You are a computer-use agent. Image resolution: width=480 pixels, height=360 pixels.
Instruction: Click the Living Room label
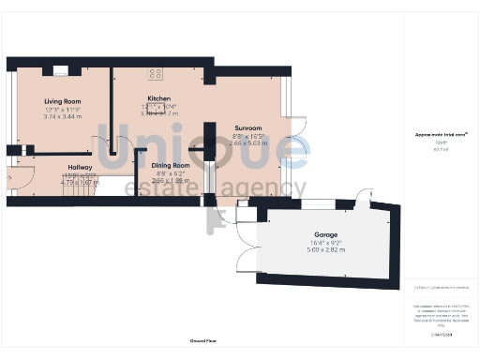(x=63, y=101)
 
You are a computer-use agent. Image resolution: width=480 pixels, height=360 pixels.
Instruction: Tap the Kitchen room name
(x=158, y=98)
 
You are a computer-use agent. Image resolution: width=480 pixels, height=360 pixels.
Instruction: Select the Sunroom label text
(x=247, y=127)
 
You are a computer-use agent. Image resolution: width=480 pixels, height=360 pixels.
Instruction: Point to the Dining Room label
(x=170, y=165)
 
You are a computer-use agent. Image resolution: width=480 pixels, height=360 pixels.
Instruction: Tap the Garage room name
(x=325, y=234)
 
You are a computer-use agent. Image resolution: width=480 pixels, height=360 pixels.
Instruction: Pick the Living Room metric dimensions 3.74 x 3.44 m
(x=63, y=118)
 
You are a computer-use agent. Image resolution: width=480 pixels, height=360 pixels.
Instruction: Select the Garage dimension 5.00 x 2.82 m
(x=325, y=250)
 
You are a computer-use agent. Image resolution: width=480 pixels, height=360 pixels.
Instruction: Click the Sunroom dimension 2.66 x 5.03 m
(x=247, y=144)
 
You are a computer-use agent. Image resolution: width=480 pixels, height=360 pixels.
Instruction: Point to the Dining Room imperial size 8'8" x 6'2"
(x=170, y=173)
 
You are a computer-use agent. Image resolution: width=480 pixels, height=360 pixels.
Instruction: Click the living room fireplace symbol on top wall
(x=62, y=69)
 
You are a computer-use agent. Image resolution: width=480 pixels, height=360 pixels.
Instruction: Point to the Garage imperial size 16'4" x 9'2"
(x=325, y=243)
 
